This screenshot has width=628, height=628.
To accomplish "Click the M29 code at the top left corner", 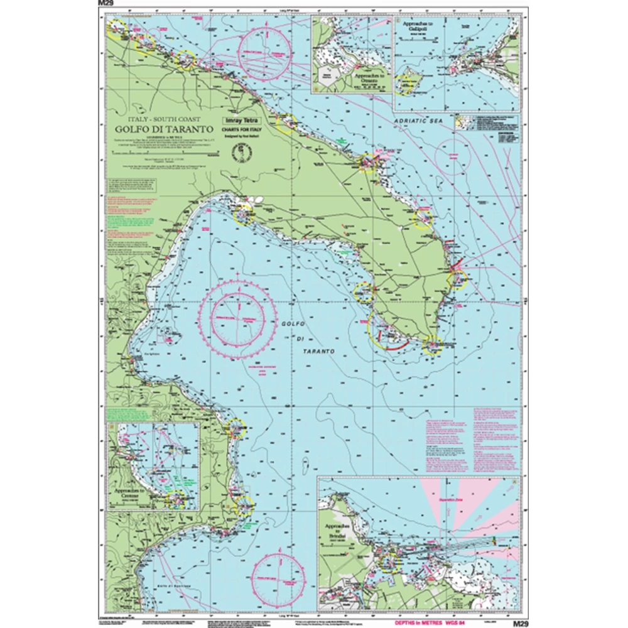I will (106, 4).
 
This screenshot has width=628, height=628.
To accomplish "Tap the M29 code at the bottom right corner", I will (521, 624).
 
